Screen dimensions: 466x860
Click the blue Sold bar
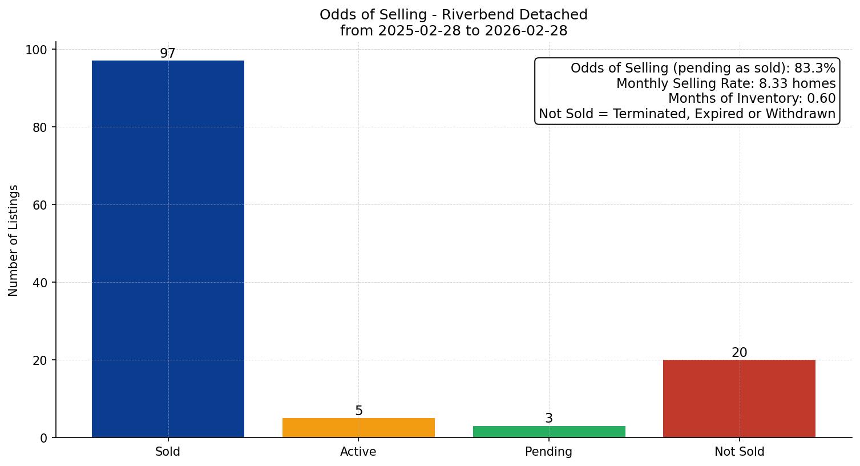[x=168, y=249]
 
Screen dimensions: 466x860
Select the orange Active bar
[x=358, y=428]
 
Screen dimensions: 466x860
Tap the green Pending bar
[x=549, y=432]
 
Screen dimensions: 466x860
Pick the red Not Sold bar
[x=739, y=399]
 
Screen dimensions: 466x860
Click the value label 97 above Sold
[x=168, y=54]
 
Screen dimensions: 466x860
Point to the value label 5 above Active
[x=358, y=411]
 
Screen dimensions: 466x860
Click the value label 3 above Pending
[x=549, y=419]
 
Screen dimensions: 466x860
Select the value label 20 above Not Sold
[x=739, y=353]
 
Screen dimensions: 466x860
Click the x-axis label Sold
[x=168, y=452]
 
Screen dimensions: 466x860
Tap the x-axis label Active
[x=358, y=452]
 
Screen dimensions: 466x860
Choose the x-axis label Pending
[x=549, y=452]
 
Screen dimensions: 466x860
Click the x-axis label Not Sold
[x=739, y=452]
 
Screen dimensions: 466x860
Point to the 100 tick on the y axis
[x=37, y=50]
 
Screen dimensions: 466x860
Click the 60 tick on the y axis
[x=40, y=205]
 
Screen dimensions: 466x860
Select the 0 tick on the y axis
[x=43, y=438]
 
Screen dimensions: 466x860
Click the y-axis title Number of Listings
[x=14, y=240]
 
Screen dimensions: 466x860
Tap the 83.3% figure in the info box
[x=814, y=69]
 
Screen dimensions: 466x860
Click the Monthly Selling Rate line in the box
[x=725, y=84]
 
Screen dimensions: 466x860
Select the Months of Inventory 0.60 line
[x=752, y=99]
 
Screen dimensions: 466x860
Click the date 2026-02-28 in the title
[x=526, y=31]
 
